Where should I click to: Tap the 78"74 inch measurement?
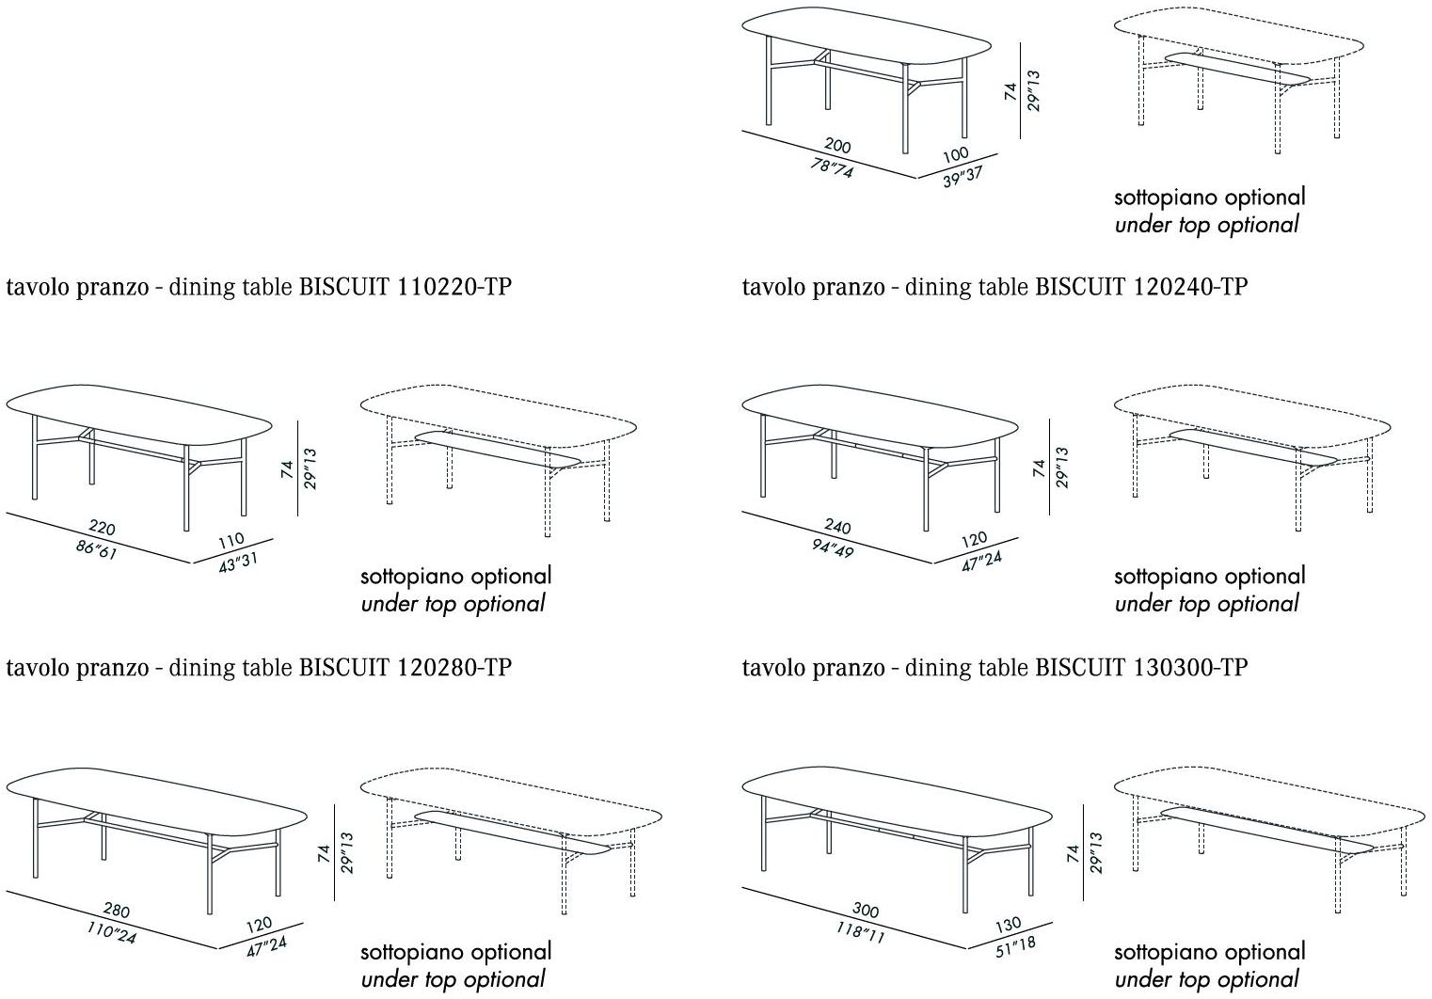[x=833, y=169]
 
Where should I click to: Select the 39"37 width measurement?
[x=963, y=177]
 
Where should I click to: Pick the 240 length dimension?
[x=836, y=528]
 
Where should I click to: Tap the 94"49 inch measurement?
[x=833, y=549]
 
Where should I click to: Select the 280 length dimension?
[x=117, y=912]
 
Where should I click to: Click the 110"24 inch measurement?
[x=112, y=933]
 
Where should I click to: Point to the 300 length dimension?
[x=865, y=911]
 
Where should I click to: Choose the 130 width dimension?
[x=1006, y=926]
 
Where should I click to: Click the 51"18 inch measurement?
[x=1014, y=945]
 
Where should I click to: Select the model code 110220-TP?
[x=455, y=287]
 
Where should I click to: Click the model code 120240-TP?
[x=1190, y=287]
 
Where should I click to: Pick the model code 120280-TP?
[x=455, y=668]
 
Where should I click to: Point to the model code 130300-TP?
[x=1190, y=668]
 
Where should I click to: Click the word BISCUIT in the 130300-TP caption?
[x=1079, y=668]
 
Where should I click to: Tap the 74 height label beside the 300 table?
[x=1073, y=853]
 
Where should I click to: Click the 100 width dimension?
[x=954, y=154]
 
